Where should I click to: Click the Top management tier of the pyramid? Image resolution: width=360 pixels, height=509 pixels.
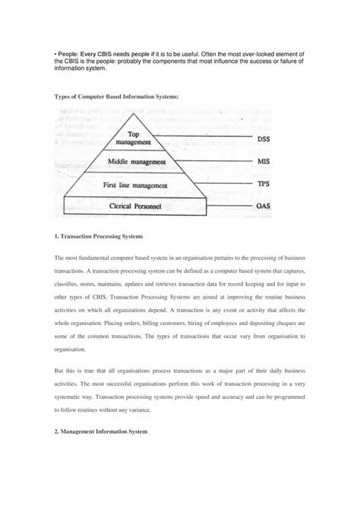point(141,138)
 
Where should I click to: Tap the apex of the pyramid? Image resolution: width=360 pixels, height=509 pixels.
point(142,111)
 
